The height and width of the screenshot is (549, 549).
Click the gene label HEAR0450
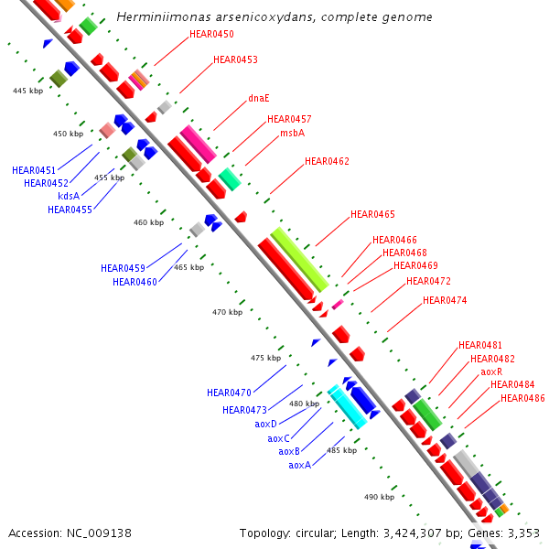pos(211,35)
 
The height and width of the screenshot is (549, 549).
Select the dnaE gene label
pos(259,98)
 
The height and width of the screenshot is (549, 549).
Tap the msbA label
pos(292,133)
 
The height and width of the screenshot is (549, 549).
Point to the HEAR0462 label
pos(327,161)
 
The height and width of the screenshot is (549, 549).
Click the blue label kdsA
pos(69,196)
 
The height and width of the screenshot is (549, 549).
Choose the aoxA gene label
pos(300,465)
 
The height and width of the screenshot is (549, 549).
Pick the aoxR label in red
pos(491,371)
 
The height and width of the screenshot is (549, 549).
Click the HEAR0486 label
pos(522,398)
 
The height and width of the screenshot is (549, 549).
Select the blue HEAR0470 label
pos(229,393)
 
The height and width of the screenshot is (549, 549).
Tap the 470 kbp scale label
pos(228,312)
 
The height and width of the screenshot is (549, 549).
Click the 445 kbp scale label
pos(28,91)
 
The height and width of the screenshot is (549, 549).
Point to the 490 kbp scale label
pos(379,497)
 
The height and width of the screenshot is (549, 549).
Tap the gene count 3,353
pos(522,533)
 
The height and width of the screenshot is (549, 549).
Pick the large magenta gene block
pos(198,144)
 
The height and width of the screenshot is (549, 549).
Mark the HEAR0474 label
pos(445,300)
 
